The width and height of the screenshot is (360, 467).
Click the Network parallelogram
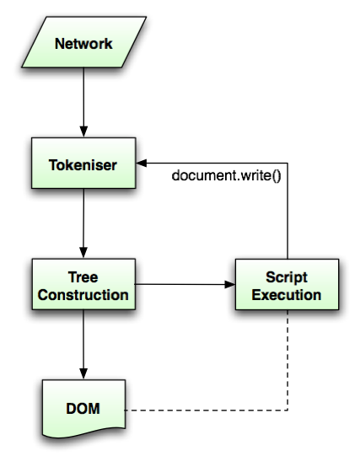click(83, 42)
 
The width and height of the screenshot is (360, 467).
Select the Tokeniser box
click(83, 163)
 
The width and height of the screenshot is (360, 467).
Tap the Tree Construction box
click(83, 284)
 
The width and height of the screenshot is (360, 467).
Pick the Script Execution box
click(287, 284)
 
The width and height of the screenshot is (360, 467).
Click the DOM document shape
click(83, 409)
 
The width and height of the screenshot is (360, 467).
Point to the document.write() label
click(226, 175)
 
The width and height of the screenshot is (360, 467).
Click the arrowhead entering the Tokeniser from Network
click(83, 132)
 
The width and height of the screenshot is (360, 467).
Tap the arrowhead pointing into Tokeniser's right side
click(142, 163)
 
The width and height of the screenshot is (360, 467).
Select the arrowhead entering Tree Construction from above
click(83, 253)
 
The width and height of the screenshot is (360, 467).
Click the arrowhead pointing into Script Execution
click(230, 284)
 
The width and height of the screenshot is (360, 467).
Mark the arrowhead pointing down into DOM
click(83, 373)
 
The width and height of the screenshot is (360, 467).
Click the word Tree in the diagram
click(83, 277)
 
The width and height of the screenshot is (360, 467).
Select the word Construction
click(83, 295)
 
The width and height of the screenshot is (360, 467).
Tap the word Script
click(287, 277)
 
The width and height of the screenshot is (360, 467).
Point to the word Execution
click(287, 295)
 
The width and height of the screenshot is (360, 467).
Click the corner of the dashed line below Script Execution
click(287, 411)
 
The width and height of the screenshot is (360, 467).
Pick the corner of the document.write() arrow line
click(287, 163)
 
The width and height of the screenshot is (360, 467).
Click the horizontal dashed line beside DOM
click(206, 411)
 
